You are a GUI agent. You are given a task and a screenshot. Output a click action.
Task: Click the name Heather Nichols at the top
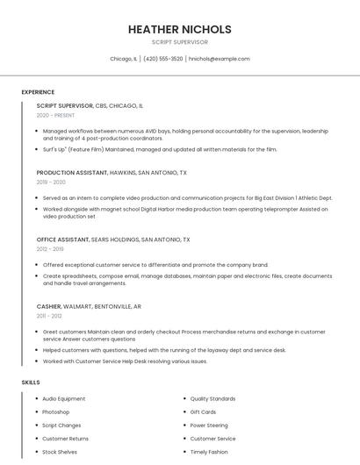[x=179, y=29]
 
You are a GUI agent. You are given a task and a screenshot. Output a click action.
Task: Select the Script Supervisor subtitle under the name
[x=179, y=42]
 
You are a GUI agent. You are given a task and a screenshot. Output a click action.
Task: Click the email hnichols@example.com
[x=220, y=59]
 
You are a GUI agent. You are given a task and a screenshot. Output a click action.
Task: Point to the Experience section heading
[x=38, y=92]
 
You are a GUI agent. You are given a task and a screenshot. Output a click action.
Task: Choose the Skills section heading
[x=31, y=383]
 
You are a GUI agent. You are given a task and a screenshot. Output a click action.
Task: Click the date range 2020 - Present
[x=57, y=115]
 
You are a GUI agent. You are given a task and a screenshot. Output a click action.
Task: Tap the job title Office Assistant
[x=63, y=240]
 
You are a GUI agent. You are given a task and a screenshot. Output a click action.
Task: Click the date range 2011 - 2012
[x=49, y=316]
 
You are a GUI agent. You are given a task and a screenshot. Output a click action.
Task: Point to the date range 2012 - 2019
[x=50, y=249]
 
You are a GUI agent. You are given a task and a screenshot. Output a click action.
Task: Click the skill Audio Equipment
[x=64, y=398]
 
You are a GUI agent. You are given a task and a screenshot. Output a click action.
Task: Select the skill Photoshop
[x=55, y=411]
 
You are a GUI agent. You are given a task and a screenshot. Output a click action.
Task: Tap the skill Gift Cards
[x=203, y=411]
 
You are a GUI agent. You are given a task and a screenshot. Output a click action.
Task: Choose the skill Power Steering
[x=209, y=425]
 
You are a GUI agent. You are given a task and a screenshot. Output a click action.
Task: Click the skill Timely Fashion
[x=209, y=452]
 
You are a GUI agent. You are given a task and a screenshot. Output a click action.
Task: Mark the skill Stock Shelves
[x=60, y=452]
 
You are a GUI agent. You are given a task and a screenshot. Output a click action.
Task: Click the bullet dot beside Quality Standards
[x=183, y=398]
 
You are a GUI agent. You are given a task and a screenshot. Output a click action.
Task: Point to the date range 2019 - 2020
[x=51, y=182]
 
